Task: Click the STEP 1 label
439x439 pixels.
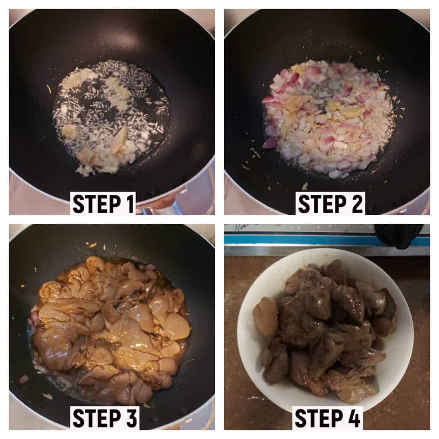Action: click(104, 204)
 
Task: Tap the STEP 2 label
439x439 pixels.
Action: click(331, 204)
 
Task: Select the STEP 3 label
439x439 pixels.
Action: click(105, 418)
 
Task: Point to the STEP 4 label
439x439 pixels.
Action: click(327, 418)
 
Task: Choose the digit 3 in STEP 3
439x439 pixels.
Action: click(130, 418)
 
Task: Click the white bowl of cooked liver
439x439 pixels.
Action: click(325, 331)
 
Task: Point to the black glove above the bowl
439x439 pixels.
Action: click(399, 236)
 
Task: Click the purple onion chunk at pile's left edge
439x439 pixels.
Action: click(270, 142)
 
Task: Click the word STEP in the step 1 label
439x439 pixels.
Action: click(94, 204)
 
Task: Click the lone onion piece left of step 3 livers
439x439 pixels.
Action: click(24, 379)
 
